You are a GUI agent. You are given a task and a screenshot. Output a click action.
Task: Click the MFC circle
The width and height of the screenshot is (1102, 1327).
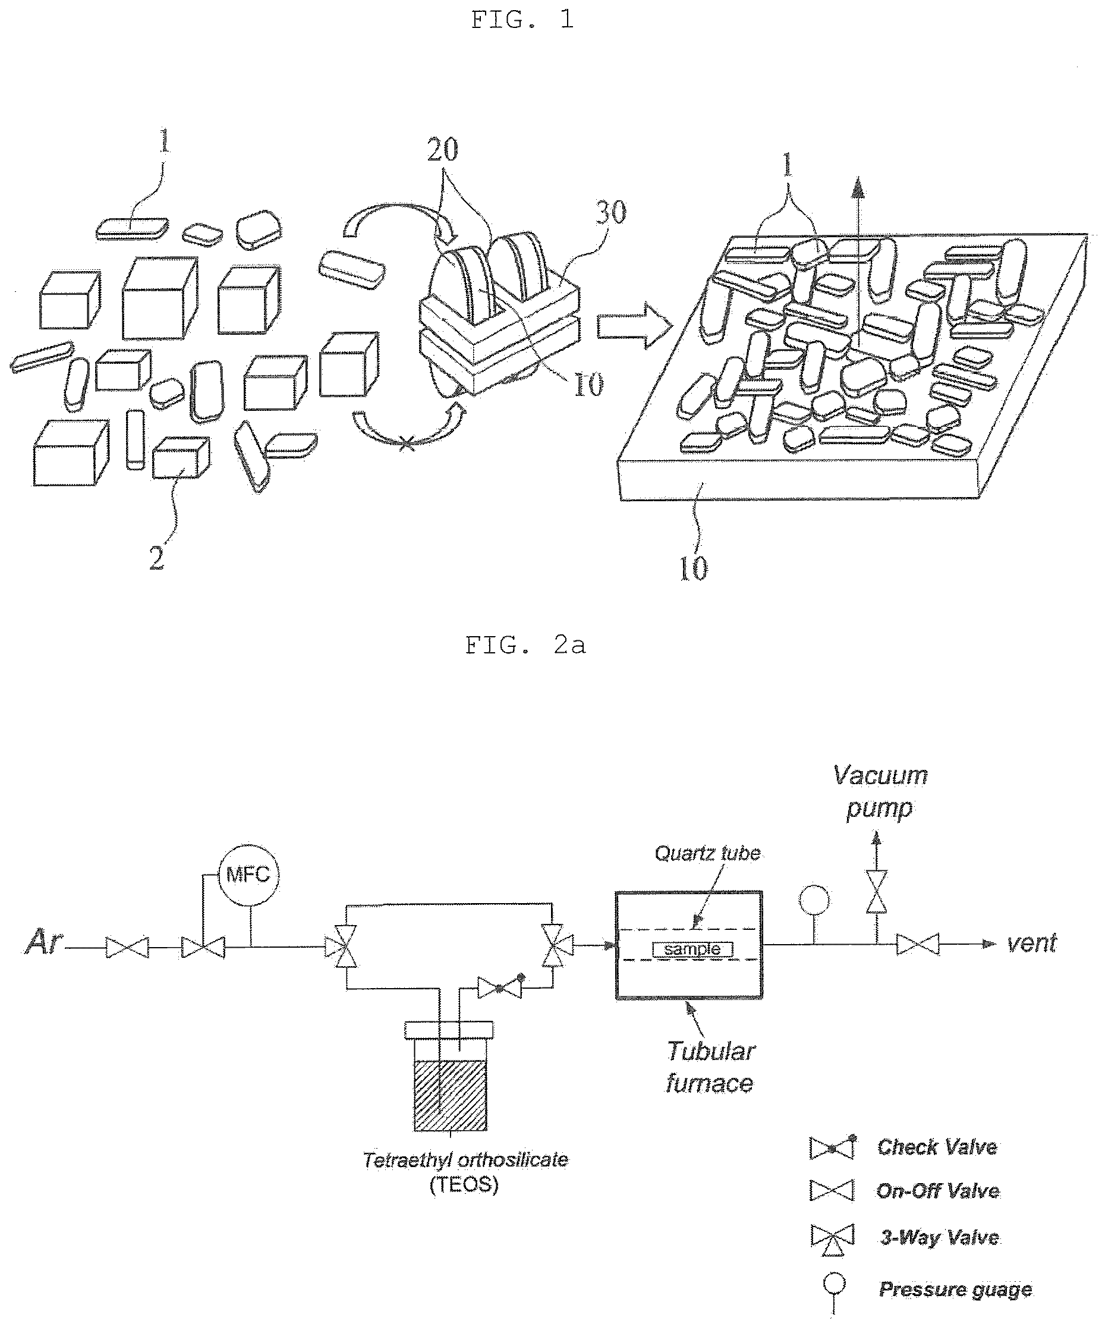tap(248, 875)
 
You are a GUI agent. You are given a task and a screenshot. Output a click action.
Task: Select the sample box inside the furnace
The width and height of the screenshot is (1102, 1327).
tap(692, 949)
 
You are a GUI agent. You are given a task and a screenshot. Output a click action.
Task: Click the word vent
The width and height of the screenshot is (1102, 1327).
tap(1031, 944)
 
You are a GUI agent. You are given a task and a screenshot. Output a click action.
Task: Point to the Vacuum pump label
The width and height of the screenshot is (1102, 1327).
tap(880, 792)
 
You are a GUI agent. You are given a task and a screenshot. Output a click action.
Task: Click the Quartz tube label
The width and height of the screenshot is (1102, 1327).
tap(707, 854)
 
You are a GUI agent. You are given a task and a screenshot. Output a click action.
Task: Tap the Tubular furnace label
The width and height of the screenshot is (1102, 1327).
tap(710, 1067)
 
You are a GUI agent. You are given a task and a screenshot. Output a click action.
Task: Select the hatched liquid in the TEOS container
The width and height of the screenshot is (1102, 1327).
tap(451, 1096)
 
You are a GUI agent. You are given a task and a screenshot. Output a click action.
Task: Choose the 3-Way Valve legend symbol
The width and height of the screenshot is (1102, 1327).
tap(832, 1238)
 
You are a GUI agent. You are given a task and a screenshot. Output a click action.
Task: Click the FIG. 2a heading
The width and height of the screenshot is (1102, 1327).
tap(525, 645)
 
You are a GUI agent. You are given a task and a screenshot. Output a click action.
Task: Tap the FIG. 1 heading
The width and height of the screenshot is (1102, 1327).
tap(522, 20)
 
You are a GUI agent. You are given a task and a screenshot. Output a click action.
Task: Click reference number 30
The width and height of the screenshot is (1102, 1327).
tap(610, 212)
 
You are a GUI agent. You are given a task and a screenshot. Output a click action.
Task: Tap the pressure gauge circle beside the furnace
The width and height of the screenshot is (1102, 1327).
tap(814, 900)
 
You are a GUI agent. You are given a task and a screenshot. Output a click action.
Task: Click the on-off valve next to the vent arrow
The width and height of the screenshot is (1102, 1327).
tap(918, 945)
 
